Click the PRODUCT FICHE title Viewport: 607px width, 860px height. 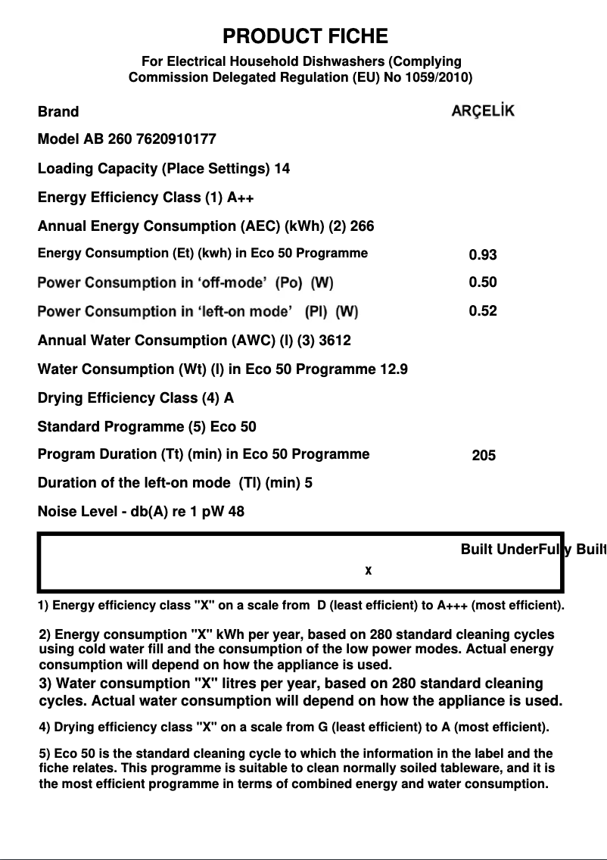(x=305, y=36)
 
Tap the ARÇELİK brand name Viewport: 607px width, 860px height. (x=483, y=111)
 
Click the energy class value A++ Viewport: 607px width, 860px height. (x=241, y=198)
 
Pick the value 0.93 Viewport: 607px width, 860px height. (x=483, y=255)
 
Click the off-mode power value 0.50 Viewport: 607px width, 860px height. (x=483, y=282)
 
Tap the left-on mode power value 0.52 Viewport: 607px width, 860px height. (x=483, y=310)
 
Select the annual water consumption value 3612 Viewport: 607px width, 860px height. (x=335, y=341)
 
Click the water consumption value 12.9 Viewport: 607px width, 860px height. (x=394, y=369)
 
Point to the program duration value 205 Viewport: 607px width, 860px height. (x=484, y=456)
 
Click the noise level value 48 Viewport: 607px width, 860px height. (x=236, y=512)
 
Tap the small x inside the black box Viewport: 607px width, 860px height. (x=369, y=571)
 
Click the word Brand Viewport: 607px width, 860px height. (x=58, y=112)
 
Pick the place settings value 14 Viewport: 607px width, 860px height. (x=282, y=168)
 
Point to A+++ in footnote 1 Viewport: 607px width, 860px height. (x=453, y=606)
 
